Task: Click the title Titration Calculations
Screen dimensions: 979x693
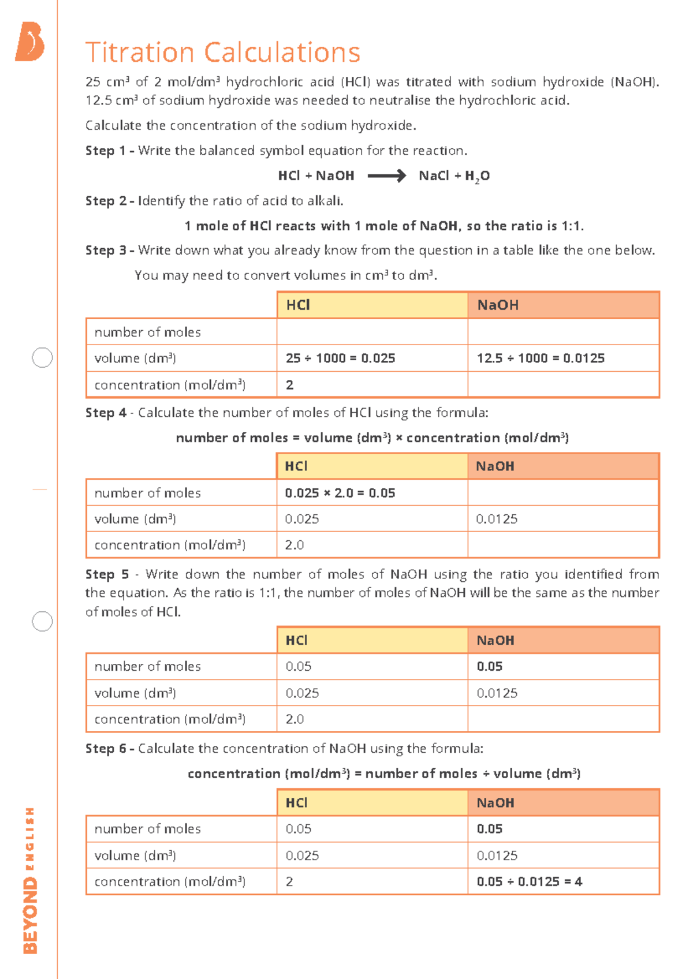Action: [x=223, y=53]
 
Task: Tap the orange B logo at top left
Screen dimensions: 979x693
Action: [x=30, y=42]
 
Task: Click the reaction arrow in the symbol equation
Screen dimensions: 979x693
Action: [x=386, y=175]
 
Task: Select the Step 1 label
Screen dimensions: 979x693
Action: [x=106, y=151]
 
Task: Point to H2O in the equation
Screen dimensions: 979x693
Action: [x=477, y=176]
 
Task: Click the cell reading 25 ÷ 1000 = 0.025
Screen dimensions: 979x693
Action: [x=340, y=358]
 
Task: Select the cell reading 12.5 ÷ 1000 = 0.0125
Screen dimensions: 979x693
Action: [x=541, y=358]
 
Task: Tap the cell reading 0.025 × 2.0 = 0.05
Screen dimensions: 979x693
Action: [x=340, y=493]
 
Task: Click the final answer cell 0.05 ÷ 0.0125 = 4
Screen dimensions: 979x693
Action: [x=529, y=881]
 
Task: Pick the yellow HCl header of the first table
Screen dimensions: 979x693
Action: [x=372, y=305]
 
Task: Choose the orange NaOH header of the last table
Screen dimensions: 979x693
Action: [x=563, y=802]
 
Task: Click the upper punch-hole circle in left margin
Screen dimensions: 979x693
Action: [x=42, y=357]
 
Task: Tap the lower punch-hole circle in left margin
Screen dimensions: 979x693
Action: [x=42, y=621]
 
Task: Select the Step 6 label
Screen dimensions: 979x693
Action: [x=106, y=749]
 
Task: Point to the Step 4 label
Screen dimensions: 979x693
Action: [x=106, y=413]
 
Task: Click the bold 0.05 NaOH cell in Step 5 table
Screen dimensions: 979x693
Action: [x=490, y=666]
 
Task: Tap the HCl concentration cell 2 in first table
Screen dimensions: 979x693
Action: [x=290, y=385]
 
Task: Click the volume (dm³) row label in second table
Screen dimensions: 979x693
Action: [x=135, y=519]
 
